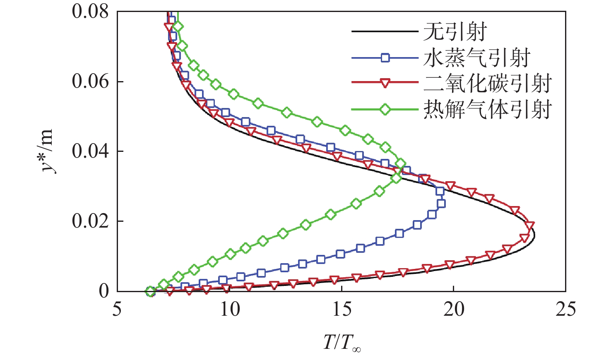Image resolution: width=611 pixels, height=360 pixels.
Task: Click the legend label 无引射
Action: pos(455,31)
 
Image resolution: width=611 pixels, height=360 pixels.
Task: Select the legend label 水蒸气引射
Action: pos(477,58)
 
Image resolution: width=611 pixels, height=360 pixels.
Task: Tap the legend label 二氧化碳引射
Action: pos(488,83)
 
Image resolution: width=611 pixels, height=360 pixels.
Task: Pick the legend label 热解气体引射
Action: pos(488,109)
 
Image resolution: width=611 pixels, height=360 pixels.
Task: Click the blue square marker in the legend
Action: pos(385,58)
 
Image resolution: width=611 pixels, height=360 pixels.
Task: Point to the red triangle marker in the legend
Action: pos(385,83)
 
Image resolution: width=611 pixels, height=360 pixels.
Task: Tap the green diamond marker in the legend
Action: pos(385,109)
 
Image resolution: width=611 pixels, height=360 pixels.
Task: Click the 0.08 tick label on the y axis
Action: pos(90,11)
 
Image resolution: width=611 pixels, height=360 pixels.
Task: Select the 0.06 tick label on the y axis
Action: pos(90,81)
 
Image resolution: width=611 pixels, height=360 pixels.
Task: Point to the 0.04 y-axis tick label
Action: pos(90,151)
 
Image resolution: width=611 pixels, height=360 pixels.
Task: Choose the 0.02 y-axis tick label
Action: pos(90,221)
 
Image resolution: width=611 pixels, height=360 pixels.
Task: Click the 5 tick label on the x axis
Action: pos(117,309)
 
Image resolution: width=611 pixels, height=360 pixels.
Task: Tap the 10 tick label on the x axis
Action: pos(229,309)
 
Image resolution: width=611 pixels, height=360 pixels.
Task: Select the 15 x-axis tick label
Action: pos(342,309)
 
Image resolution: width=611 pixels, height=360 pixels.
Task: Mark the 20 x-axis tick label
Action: pos(454,309)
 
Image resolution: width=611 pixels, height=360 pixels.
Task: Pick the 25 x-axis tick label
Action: pos(565,309)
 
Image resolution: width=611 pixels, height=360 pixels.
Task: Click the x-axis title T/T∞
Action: pos(342,343)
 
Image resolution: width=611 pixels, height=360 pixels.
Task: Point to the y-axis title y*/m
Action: pos(47,151)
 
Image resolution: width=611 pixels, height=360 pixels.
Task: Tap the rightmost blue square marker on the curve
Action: pos(441,204)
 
